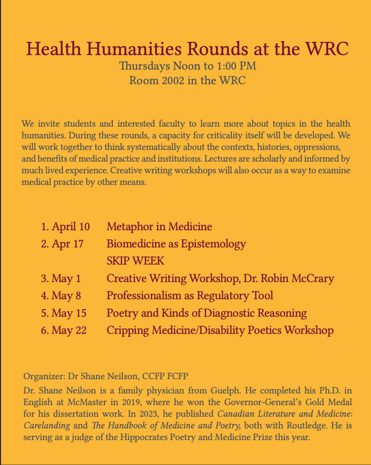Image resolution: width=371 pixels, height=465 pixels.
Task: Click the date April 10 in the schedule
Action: click(x=70, y=226)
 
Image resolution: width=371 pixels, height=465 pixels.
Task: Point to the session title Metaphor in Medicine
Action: click(x=159, y=226)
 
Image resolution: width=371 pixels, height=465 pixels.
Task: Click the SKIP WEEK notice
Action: click(x=135, y=261)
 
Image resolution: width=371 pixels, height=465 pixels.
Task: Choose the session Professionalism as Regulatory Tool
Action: click(x=190, y=296)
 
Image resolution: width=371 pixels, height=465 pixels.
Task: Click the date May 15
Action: click(x=69, y=313)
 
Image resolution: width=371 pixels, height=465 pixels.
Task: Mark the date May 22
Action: click(x=69, y=331)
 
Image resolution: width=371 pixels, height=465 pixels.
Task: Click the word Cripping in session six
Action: click(x=126, y=331)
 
